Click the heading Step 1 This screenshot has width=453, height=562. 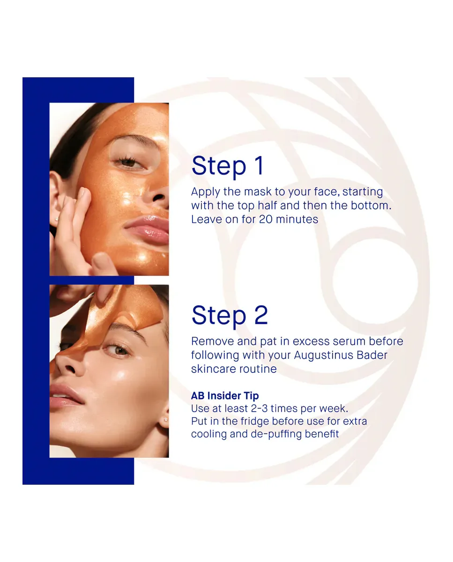coord(228,166)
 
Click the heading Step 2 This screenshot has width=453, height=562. coord(230,316)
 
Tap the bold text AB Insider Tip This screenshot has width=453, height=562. coord(225,396)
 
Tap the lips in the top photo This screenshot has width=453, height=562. coord(147,229)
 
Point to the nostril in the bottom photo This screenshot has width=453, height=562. coord(70,369)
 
